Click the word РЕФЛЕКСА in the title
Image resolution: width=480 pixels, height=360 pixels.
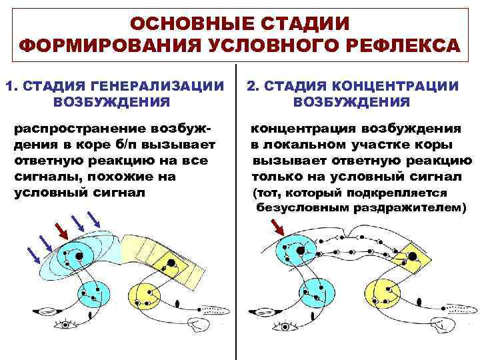coord(401,47)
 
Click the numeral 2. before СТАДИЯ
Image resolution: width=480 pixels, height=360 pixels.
coord(253,85)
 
